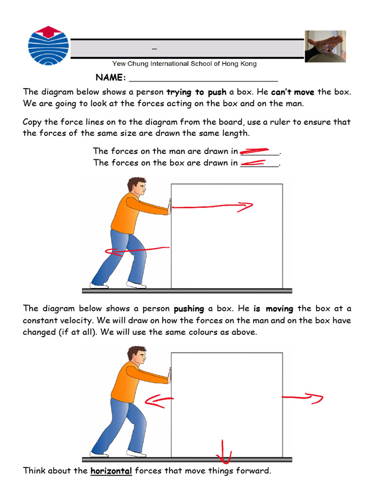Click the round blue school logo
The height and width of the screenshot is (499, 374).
click(x=48, y=47)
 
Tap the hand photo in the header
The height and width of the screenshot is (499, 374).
click(x=325, y=46)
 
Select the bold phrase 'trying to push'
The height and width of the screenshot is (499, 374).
click(x=196, y=92)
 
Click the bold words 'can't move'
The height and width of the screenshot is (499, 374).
click(x=293, y=92)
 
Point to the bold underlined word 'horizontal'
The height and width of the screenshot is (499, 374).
click(x=112, y=471)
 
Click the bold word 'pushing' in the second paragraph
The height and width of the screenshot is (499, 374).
click(x=189, y=309)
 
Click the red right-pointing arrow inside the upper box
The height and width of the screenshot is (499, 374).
click(x=213, y=207)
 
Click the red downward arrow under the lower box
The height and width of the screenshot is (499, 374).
click(x=224, y=451)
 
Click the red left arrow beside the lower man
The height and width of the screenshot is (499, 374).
click(x=159, y=401)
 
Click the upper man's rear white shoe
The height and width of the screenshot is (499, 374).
click(x=99, y=286)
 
